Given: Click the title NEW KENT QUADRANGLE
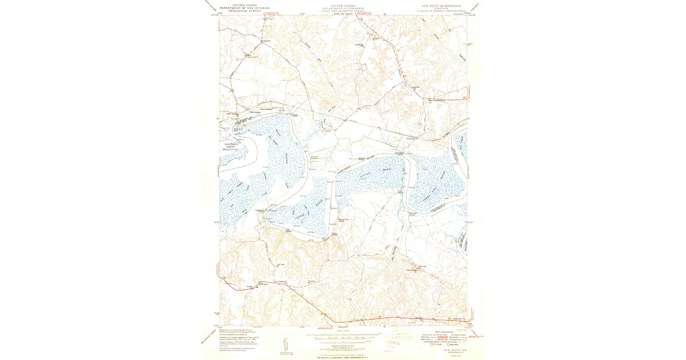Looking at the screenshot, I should pyautogui.click(x=444, y=5).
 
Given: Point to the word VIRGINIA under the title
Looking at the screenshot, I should pyautogui.click(x=444, y=7).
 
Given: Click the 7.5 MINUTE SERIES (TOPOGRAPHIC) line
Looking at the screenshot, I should pyautogui.click(x=444, y=10).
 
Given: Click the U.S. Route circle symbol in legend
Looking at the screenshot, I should pyautogui.click(x=432, y=345).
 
